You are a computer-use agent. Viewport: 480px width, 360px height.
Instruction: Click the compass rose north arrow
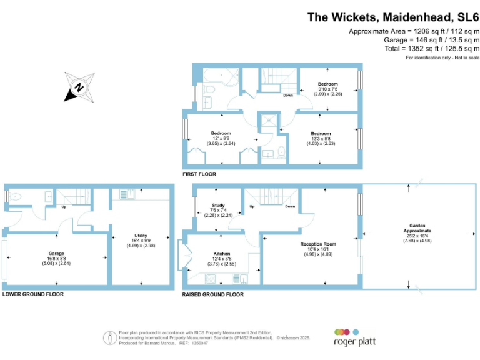click(79, 87)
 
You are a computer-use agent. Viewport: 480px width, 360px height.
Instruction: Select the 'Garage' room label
click(57, 253)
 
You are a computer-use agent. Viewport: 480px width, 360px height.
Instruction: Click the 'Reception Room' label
click(318, 244)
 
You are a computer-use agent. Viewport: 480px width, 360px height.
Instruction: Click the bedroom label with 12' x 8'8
click(221, 133)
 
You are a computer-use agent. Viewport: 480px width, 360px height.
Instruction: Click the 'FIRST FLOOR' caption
click(199, 174)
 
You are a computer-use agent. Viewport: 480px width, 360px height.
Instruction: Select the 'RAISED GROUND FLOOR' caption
click(212, 294)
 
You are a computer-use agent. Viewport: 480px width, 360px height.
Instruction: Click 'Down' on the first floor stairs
click(287, 96)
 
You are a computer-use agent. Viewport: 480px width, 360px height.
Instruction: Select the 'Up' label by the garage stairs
click(64, 206)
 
